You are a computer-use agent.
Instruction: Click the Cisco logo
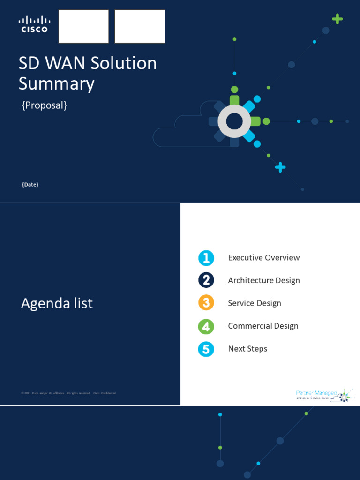[x=34, y=24]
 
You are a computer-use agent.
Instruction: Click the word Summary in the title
[x=56, y=84]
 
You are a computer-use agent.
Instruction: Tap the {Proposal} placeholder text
[x=45, y=105]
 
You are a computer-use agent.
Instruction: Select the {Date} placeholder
[x=30, y=185]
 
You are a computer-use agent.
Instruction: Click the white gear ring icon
[x=234, y=121]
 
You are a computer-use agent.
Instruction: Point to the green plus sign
[x=337, y=19]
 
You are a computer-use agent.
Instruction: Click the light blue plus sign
[x=280, y=167]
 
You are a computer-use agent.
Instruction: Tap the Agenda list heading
[x=57, y=303]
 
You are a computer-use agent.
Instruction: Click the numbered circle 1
[x=206, y=258]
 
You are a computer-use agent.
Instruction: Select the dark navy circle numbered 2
[x=206, y=280]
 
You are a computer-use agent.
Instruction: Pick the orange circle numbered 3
[x=206, y=303]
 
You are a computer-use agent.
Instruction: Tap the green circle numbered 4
[x=206, y=326]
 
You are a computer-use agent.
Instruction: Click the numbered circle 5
[x=206, y=349]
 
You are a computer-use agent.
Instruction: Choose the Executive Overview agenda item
[x=263, y=257]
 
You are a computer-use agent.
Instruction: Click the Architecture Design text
[x=263, y=280]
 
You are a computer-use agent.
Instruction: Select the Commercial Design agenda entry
[x=263, y=326]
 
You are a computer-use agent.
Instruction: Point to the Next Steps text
[x=247, y=349]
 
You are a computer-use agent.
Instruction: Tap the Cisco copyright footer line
[x=68, y=393]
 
